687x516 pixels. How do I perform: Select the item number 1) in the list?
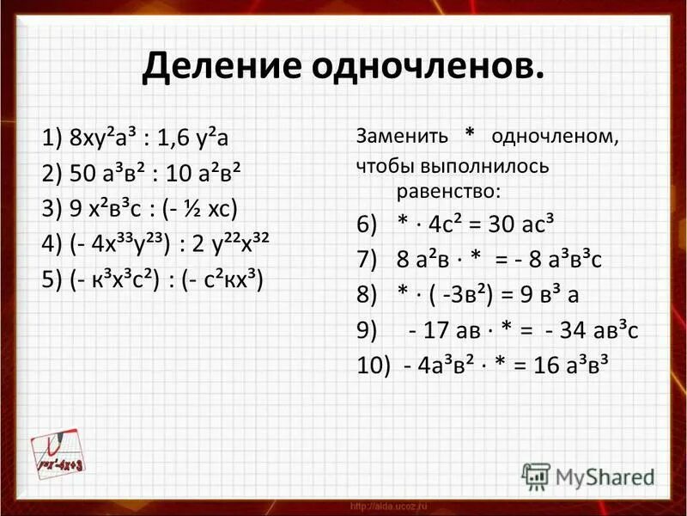54,138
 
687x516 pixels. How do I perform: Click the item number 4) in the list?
54,245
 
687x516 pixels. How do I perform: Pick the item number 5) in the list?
54,280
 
